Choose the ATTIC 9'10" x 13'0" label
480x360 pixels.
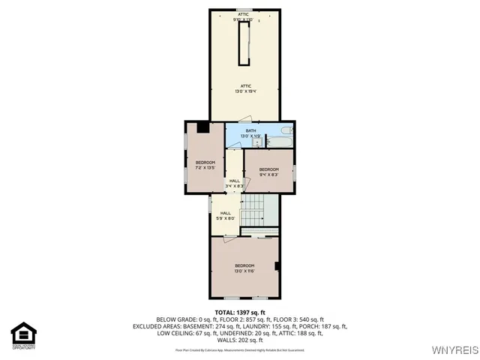[x=244, y=16]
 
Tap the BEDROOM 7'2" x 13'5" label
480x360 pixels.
[x=205, y=166]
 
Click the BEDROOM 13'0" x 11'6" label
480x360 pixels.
[x=244, y=268]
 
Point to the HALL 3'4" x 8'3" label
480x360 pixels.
[x=235, y=183]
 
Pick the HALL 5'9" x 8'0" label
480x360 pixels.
[x=226, y=215]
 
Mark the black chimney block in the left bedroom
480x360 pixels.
[x=203, y=127]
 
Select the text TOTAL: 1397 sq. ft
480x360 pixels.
[x=240, y=312]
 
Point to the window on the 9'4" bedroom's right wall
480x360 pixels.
[x=295, y=172]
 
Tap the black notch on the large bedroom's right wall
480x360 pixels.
[x=277, y=265]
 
